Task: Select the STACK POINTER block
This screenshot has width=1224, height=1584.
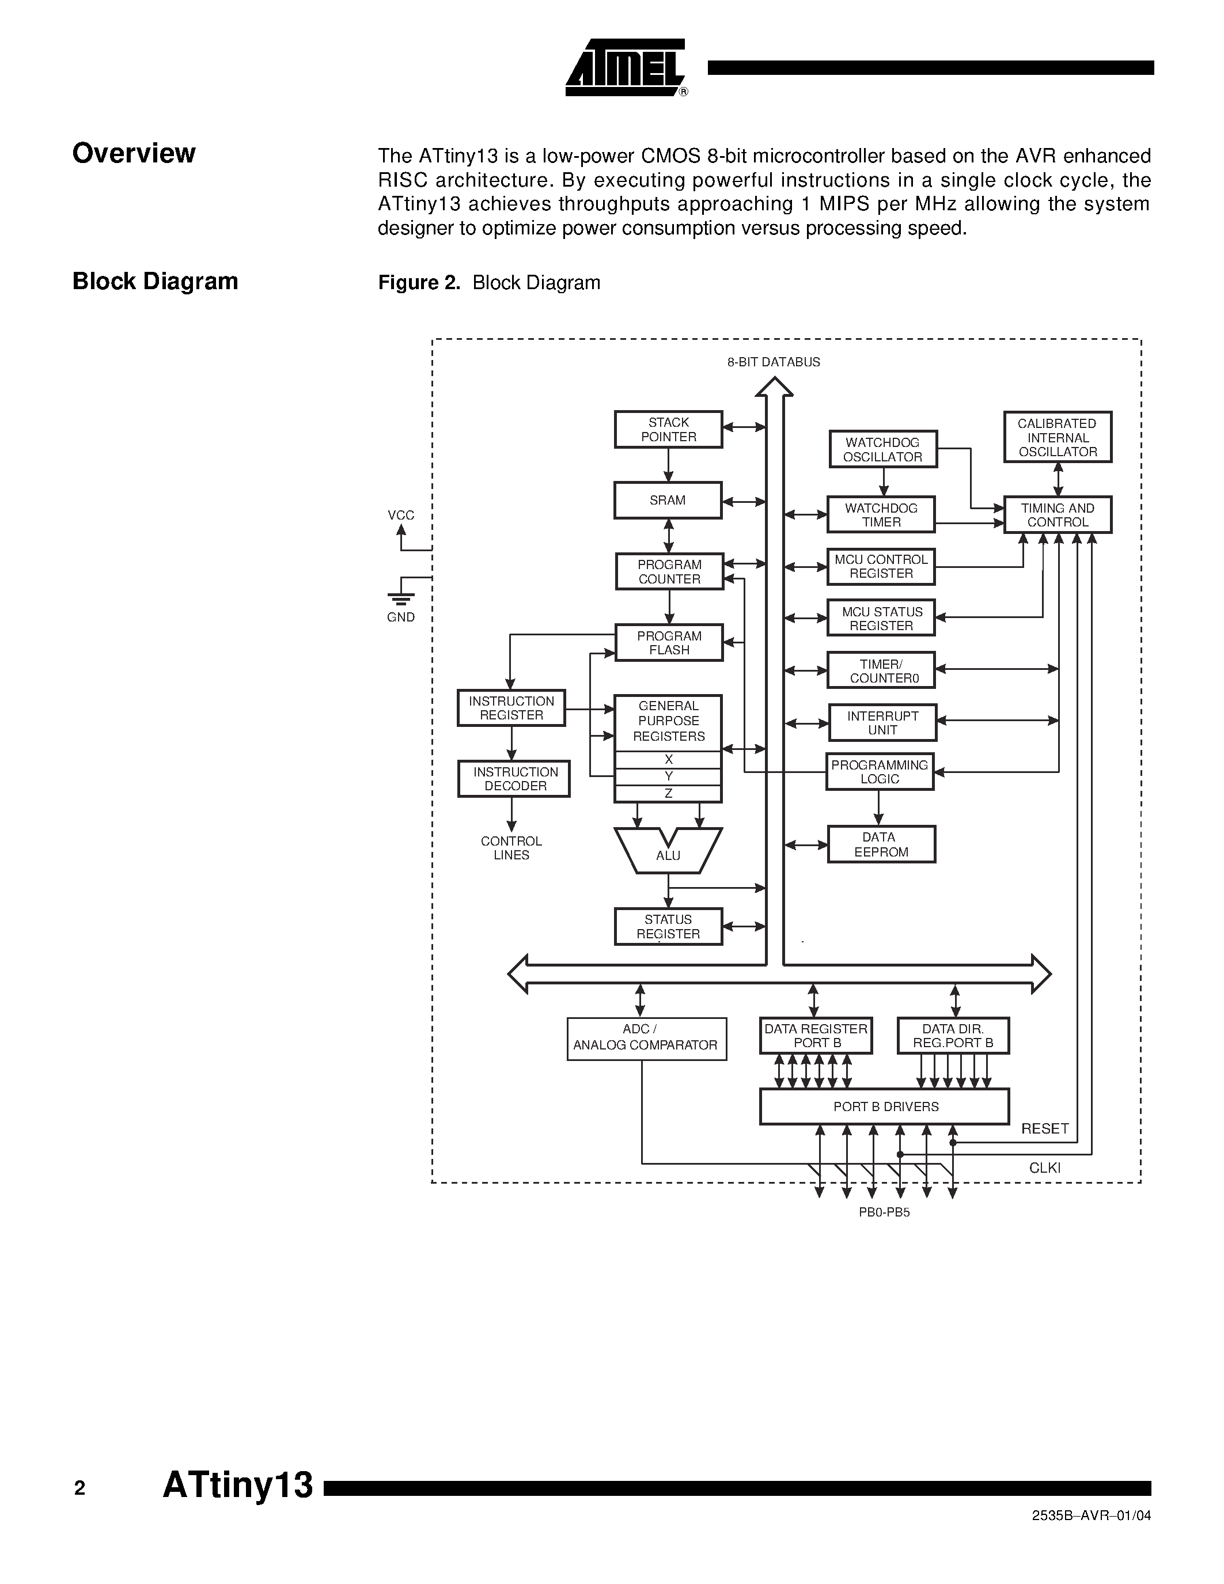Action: pyautogui.click(x=668, y=429)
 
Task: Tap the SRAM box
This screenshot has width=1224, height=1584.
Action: pyautogui.click(x=668, y=501)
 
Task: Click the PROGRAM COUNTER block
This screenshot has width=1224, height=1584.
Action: pyautogui.click(x=669, y=571)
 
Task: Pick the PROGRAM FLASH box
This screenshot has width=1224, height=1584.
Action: pyautogui.click(x=669, y=643)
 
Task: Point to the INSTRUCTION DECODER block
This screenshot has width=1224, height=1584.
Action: pyautogui.click(x=514, y=779)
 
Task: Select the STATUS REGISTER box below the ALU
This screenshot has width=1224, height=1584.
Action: pyautogui.click(x=668, y=926)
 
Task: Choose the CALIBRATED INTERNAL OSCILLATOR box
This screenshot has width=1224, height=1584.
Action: pyautogui.click(x=1057, y=437)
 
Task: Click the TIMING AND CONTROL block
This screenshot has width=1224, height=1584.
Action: pyautogui.click(x=1057, y=515)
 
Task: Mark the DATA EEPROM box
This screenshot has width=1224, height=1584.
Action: pyautogui.click(x=881, y=844)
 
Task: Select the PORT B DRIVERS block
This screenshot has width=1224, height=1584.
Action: pyautogui.click(x=884, y=1106)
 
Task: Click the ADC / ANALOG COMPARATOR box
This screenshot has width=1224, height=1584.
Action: pyautogui.click(x=646, y=1039)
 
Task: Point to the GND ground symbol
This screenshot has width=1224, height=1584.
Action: pyautogui.click(x=401, y=598)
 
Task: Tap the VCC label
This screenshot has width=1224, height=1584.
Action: pyautogui.click(x=401, y=515)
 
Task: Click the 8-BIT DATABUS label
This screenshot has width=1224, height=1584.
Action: pyautogui.click(x=774, y=362)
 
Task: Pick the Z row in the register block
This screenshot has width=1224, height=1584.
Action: pyautogui.click(x=668, y=794)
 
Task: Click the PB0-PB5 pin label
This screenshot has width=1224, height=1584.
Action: pyautogui.click(x=884, y=1212)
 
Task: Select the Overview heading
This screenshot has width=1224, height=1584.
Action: pyautogui.click(x=134, y=153)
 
